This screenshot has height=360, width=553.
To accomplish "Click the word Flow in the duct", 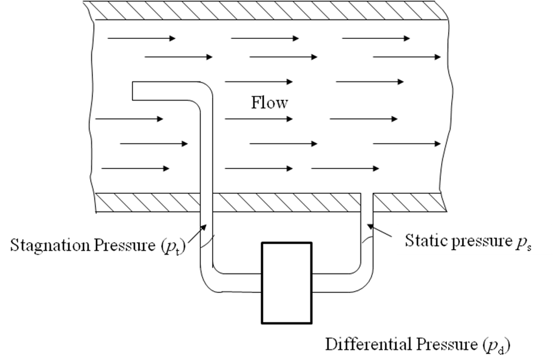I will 270,103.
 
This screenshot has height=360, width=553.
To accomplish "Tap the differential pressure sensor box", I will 286,282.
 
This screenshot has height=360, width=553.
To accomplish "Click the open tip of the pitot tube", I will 134,93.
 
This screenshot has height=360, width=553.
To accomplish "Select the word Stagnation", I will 47,244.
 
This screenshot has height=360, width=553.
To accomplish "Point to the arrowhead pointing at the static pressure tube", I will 369,224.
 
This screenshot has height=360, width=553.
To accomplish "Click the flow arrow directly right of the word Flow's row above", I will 370,81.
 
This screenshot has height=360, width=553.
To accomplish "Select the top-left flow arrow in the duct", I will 141,38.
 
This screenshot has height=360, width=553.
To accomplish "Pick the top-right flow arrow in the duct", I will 376,38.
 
